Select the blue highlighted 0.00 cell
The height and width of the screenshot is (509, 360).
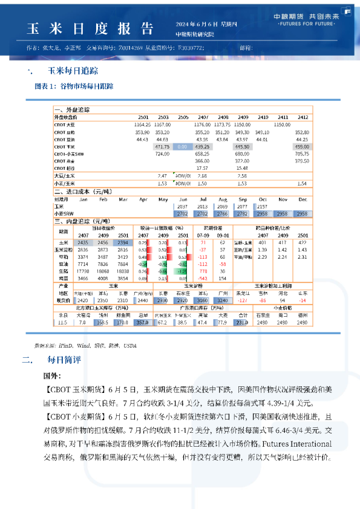point(182,147)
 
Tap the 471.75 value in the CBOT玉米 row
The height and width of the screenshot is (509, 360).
point(162,147)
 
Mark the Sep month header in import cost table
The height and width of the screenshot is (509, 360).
point(243,198)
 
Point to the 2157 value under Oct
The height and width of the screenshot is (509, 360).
point(262,206)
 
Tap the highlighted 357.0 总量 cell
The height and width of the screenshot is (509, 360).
point(142,323)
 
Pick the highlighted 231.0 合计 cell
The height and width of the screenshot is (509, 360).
point(243,323)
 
